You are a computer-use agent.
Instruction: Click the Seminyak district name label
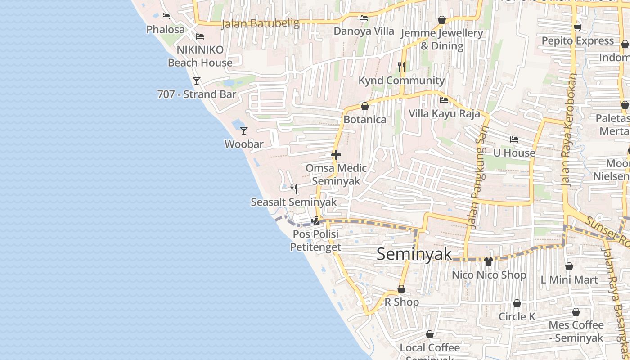(414, 254)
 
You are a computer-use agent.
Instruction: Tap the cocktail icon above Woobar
(244, 131)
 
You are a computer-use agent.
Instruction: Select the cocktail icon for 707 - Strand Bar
(197, 81)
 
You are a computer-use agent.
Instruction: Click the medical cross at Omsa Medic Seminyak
(336, 155)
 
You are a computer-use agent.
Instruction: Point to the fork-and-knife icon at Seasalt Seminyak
(294, 189)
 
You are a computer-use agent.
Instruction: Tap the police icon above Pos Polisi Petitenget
(316, 220)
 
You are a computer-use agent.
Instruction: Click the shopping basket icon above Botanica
(365, 107)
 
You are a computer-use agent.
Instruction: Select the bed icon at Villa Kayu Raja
(444, 100)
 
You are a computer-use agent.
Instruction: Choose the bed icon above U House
(514, 139)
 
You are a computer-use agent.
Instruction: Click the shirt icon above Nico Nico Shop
(489, 261)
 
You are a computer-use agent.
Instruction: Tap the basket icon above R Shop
(401, 289)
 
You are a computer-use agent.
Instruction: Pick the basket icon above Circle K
(517, 303)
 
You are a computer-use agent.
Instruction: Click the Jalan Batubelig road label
(261, 23)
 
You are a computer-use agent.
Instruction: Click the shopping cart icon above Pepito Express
(577, 27)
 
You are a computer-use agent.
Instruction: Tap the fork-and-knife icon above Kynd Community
(401, 67)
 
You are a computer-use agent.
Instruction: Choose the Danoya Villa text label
(364, 31)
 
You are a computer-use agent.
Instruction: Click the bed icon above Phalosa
(166, 16)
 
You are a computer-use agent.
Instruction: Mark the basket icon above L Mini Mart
(569, 266)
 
